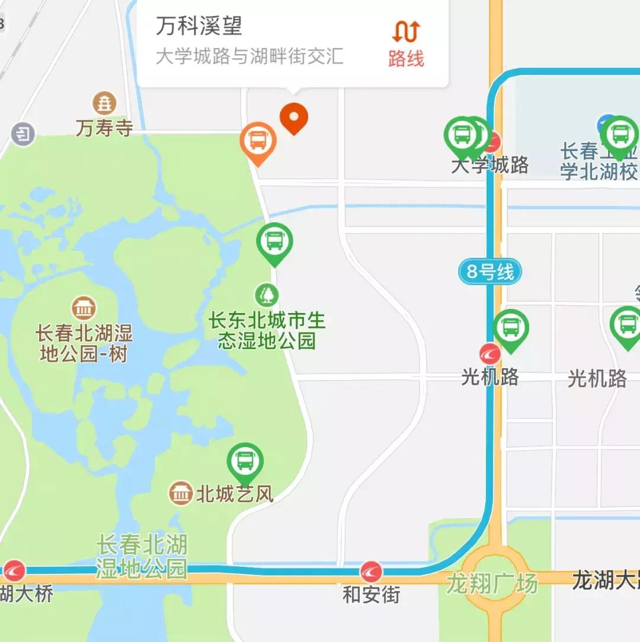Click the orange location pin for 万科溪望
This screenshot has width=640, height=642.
pyautogui.click(x=294, y=117)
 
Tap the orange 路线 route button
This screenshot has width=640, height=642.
pyautogui.click(x=407, y=43)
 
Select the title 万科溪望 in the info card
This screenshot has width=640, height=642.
pyautogui.click(x=199, y=26)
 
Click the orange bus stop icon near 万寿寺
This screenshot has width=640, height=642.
pyautogui.click(x=258, y=140)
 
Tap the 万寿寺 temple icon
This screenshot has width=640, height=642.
pyautogui.click(x=104, y=104)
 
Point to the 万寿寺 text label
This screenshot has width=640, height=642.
pyautogui.click(x=104, y=128)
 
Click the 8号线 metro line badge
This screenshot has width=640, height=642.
pyautogui.click(x=490, y=272)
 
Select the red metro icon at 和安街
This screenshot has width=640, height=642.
pyautogui.click(x=371, y=571)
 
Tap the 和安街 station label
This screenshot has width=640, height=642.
pyautogui.click(x=371, y=594)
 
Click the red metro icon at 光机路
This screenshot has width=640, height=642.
pyautogui.click(x=490, y=354)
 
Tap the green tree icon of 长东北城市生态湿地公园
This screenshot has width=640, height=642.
pyautogui.click(x=267, y=294)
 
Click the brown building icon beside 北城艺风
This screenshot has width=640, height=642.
pyautogui.click(x=180, y=493)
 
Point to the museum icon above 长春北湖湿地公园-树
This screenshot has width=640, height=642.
pyautogui.click(x=84, y=308)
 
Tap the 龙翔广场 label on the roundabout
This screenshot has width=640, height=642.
pyautogui.click(x=492, y=583)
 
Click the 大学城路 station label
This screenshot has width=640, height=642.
pyautogui.click(x=489, y=165)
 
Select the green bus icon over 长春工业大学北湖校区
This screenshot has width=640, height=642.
pyautogui.click(x=619, y=134)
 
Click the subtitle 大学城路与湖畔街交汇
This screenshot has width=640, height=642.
pyautogui.click(x=249, y=56)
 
